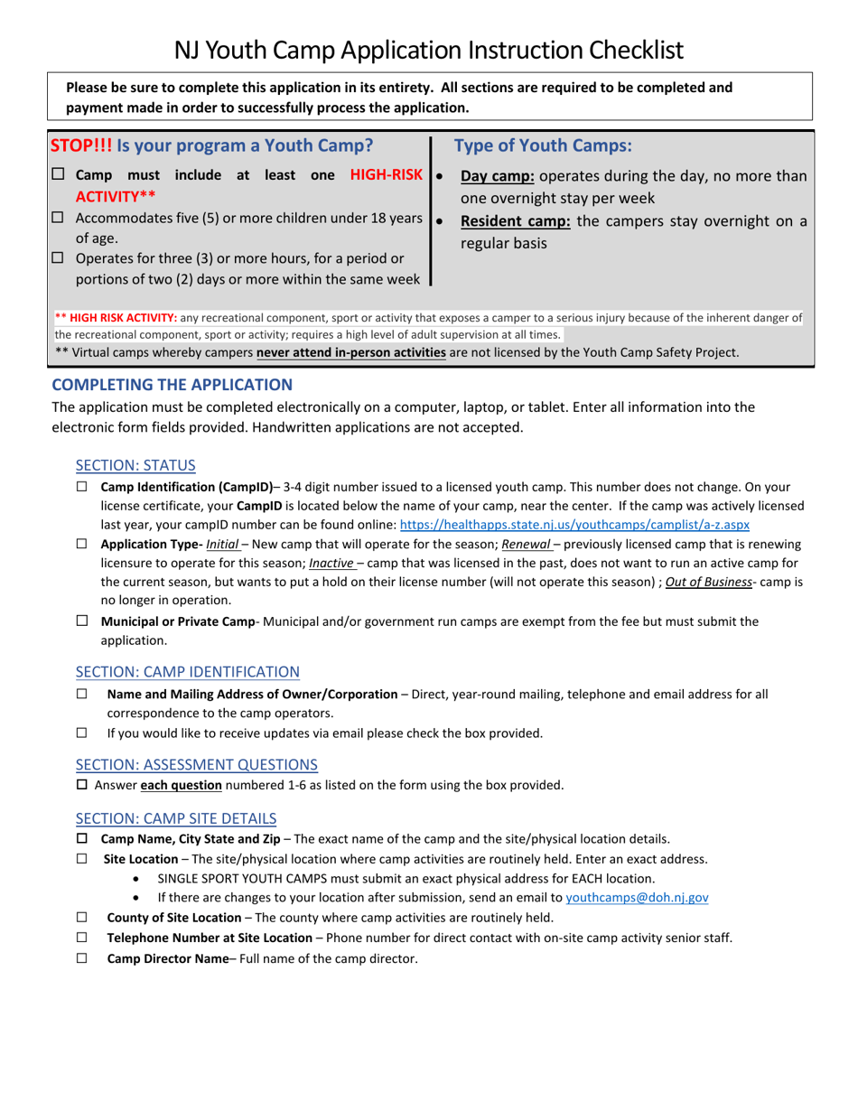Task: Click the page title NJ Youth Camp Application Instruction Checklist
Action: [429, 49]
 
